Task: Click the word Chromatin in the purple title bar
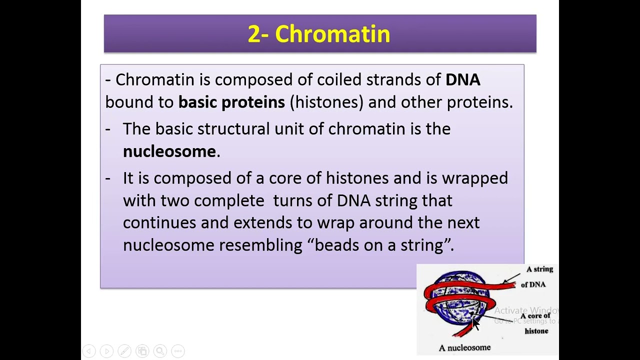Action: (x=332, y=34)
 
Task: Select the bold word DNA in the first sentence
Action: (x=462, y=80)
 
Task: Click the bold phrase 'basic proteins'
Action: (x=231, y=102)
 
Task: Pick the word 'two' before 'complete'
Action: (x=174, y=201)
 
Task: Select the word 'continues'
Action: (x=159, y=223)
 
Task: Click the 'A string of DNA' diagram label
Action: (x=536, y=276)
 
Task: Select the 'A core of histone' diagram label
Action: (x=535, y=323)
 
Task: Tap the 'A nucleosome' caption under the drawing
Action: (x=464, y=347)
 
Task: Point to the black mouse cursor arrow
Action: (x=475, y=323)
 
